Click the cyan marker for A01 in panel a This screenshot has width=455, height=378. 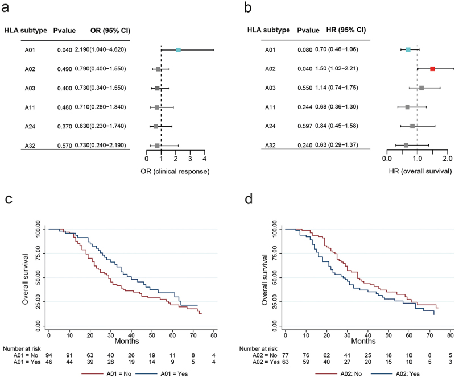point(178,51)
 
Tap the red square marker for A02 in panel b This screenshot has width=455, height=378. point(432,69)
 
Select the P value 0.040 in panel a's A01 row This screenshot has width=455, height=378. point(64,51)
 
